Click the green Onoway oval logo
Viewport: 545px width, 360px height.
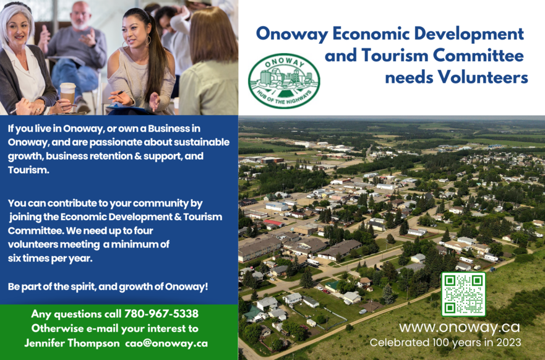284,81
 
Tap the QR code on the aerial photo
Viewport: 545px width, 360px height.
463,294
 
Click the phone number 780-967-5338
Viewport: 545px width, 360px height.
161,314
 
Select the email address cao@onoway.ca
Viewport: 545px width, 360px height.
166,343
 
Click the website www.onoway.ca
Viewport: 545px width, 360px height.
460,327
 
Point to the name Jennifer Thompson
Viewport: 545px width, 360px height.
72,343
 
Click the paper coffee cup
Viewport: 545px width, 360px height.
68,93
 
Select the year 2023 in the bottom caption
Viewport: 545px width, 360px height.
509,342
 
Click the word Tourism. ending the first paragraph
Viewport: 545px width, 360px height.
28,170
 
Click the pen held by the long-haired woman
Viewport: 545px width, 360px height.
120,93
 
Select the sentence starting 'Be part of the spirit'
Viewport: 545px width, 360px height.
108,287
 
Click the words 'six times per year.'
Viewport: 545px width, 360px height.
50,259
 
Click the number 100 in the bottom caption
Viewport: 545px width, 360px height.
439,342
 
